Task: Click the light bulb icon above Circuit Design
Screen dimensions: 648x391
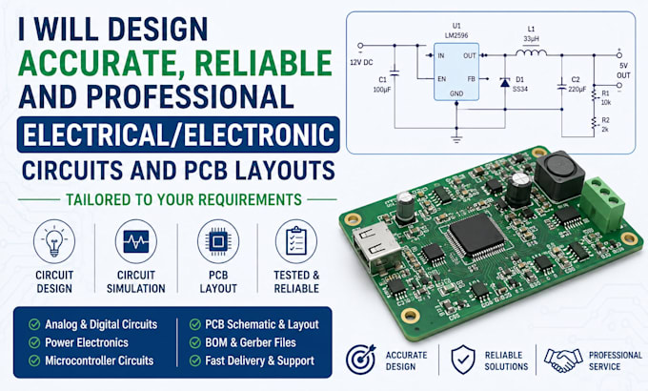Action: pos(54,241)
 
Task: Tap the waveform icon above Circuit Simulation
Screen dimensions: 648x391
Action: pos(136,241)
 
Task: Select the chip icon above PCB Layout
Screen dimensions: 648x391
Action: pos(218,241)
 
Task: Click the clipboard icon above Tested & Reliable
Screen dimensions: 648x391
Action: pos(296,241)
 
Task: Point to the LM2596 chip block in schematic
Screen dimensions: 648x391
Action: pos(456,72)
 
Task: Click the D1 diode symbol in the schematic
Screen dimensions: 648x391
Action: pos(505,83)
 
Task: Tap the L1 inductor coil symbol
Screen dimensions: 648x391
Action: pos(531,52)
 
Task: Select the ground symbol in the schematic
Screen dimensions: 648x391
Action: pos(456,139)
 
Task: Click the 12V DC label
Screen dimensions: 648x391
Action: pos(361,63)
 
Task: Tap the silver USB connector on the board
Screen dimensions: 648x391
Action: pos(376,248)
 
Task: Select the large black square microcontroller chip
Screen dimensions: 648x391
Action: pos(476,235)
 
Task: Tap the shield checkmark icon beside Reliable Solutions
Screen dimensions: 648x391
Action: pos(463,360)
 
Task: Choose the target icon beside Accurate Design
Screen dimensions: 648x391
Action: pos(360,360)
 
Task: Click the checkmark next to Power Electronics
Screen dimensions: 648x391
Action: pos(34,342)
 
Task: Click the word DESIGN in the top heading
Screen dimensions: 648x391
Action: pos(158,30)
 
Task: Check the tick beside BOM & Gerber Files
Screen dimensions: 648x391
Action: pos(195,342)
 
